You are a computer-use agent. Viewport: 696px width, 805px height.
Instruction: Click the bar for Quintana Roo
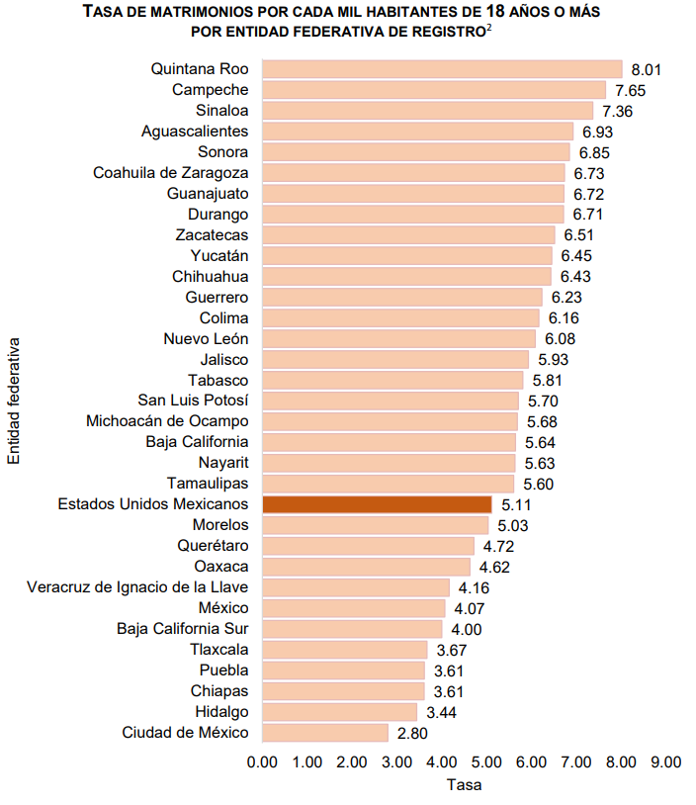442,69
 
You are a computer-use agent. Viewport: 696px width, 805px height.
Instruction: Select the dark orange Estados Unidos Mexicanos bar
377,504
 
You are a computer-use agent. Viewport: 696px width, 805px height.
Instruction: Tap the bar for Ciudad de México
325,733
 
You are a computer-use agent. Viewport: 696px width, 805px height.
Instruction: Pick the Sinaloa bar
427,111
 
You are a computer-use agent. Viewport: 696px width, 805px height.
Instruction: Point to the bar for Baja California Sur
352,629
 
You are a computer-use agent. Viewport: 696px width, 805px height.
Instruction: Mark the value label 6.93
597,132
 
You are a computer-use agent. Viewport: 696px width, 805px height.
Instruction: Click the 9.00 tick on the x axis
665,761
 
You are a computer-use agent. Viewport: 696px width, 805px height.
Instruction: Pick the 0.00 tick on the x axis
262,761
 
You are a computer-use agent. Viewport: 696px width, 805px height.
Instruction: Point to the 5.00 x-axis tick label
486,761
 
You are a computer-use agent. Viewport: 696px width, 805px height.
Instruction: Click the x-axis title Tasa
464,785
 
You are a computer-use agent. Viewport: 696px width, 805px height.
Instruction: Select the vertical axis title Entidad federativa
13,401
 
